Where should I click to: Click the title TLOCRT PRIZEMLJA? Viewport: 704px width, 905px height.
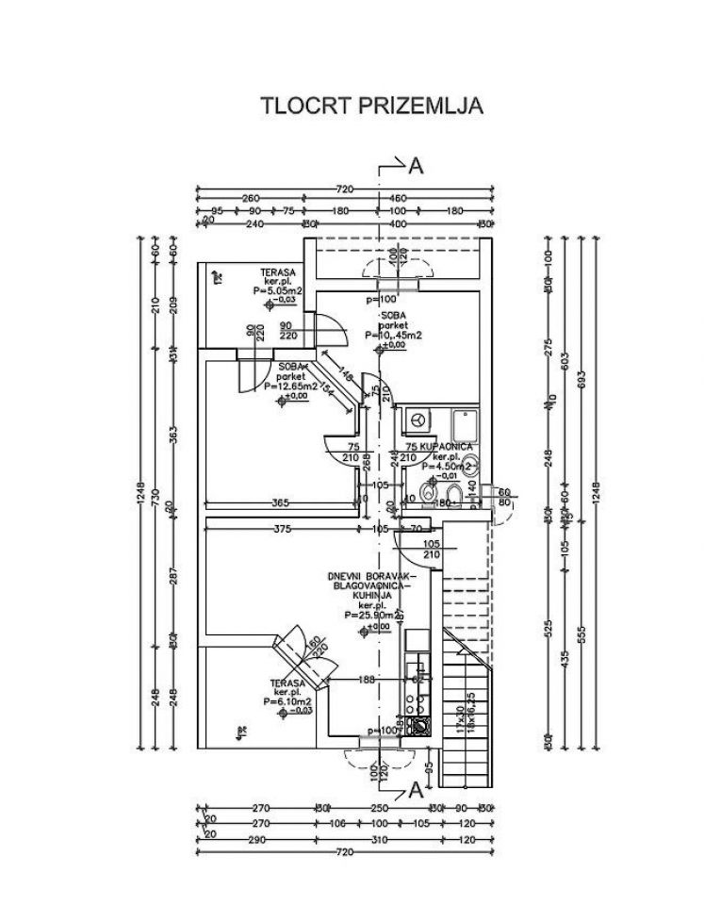[371, 105]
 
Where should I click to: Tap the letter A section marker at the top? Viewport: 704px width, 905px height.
[416, 166]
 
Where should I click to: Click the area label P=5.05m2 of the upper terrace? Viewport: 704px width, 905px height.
[277, 292]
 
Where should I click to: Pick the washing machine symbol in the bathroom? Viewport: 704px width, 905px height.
[417, 418]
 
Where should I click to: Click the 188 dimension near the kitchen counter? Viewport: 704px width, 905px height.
[367, 679]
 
